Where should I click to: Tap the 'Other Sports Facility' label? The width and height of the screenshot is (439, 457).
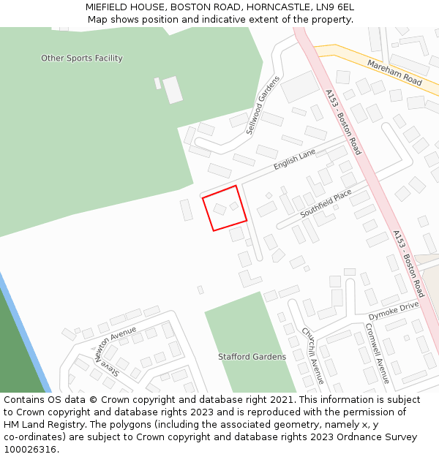[82, 58]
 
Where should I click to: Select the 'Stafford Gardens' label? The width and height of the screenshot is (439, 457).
[252, 357]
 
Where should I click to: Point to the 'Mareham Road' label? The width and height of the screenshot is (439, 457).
[395, 73]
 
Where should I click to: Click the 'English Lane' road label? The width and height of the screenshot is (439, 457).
[294, 159]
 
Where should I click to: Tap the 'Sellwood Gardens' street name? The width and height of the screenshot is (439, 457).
[263, 105]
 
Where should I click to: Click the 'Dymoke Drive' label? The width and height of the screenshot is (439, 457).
[393, 310]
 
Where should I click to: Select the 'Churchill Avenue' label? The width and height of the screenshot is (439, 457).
[312, 355]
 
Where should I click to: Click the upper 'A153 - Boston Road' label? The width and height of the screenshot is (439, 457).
[343, 122]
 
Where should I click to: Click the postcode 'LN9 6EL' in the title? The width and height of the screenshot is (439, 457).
[335, 7]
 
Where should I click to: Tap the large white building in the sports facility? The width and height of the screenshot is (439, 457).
[173, 90]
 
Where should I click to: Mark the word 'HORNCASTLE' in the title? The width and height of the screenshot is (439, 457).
[279, 7]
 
